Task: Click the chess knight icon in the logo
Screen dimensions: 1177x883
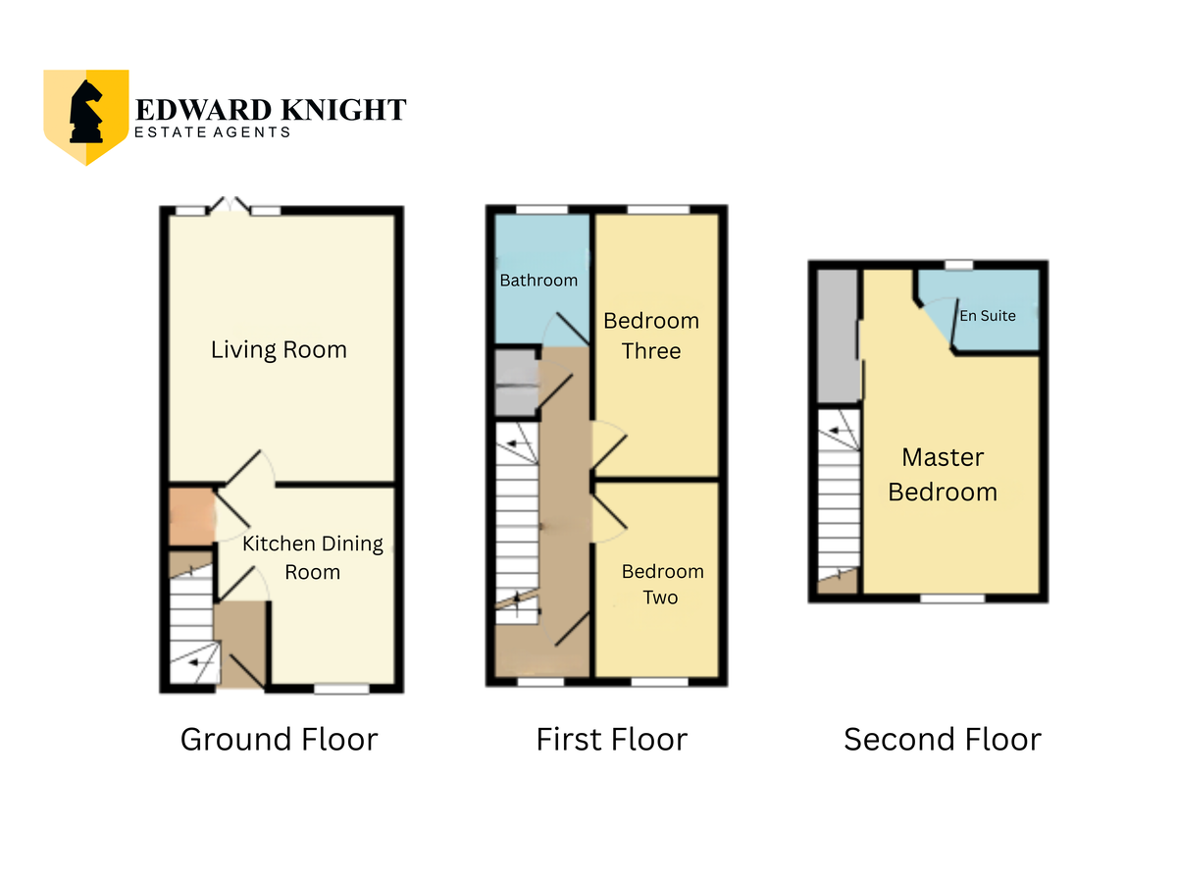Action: click(85, 112)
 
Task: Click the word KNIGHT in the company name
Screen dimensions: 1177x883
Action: click(343, 110)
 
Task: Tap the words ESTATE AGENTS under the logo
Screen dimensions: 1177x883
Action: click(212, 132)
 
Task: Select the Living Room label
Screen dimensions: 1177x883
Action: click(279, 349)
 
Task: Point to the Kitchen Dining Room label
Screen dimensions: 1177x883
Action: click(313, 557)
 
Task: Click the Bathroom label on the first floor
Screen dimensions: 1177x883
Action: click(538, 280)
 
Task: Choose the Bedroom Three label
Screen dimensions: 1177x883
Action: click(651, 336)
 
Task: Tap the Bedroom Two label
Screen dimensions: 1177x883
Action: click(662, 585)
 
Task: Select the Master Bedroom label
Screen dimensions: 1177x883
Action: click(943, 475)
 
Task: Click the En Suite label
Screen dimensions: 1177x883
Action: click(987, 316)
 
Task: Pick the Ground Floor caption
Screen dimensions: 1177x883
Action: click(279, 740)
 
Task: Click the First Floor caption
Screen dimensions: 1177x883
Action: click(611, 740)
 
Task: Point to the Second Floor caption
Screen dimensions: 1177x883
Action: click(943, 740)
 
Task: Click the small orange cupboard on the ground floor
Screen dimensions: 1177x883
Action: click(192, 516)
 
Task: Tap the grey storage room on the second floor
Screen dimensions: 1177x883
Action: click(839, 336)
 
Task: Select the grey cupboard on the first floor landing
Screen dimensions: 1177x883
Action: click(516, 383)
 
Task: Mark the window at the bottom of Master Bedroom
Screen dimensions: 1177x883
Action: click(952, 598)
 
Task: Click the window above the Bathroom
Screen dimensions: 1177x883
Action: click(541, 210)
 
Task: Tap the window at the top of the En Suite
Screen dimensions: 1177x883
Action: click(958, 265)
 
